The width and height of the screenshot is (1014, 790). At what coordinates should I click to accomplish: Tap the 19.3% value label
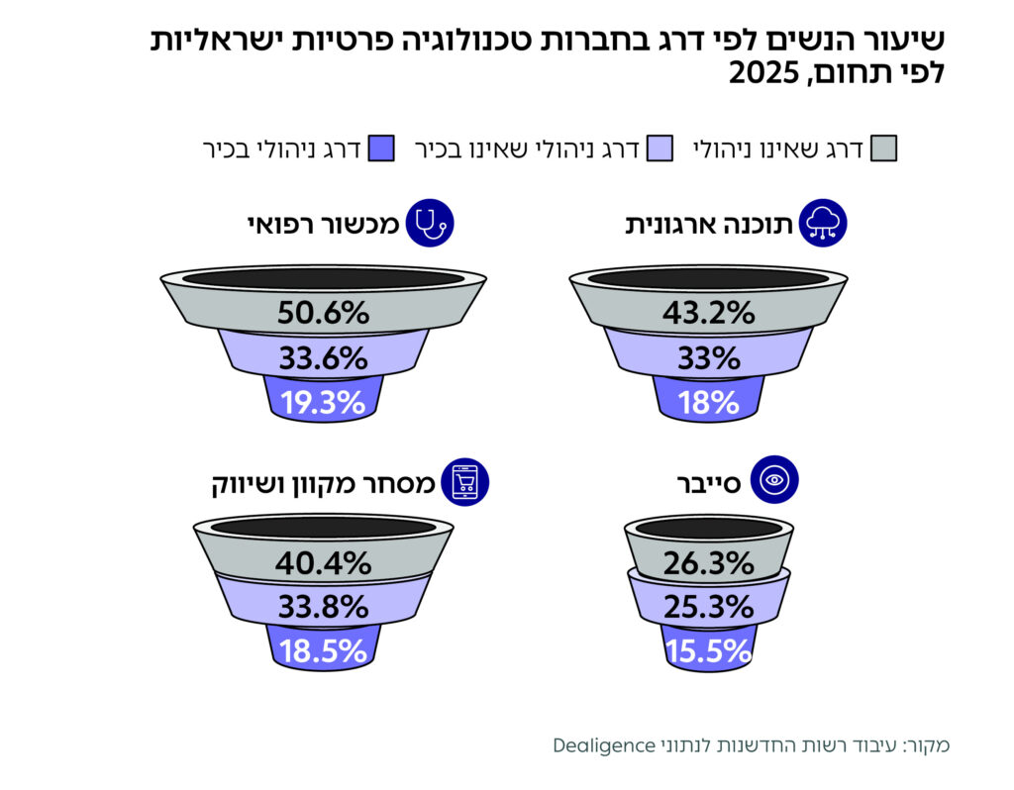[323, 402]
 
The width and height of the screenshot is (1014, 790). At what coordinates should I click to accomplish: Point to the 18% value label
[708, 402]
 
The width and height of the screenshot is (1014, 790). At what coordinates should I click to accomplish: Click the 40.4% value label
[323, 563]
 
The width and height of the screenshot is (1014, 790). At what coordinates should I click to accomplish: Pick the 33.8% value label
[323, 605]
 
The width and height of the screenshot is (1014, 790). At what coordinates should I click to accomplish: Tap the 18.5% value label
[323, 650]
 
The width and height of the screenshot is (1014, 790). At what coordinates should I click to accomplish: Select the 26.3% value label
[708, 563]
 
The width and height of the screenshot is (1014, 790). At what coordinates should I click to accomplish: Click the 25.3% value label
[708, 605]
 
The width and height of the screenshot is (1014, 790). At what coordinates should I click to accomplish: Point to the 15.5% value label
[708, 650]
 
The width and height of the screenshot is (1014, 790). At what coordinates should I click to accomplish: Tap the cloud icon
[822, 224]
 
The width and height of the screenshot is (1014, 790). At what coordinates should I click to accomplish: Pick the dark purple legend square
[382, 149]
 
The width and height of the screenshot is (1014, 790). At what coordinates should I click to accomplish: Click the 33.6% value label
[323, 357]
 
